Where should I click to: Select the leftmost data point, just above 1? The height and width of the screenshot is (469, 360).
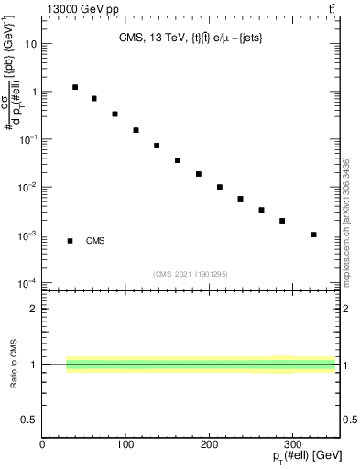click(75, 87)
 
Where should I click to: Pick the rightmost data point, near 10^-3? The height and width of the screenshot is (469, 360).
click(313, 234)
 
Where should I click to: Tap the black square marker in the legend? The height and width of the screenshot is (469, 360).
click(71, 241)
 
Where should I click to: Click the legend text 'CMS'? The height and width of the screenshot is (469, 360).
click(95, 241)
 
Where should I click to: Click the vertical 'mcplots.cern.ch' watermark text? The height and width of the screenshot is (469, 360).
click(346, 220)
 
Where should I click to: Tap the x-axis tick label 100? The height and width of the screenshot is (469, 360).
click(126, 445)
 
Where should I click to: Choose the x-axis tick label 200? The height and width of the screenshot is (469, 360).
click(211, 445)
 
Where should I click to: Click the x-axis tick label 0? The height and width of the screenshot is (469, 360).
click(42, 445)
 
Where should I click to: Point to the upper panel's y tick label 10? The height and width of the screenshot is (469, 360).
click(31, 44)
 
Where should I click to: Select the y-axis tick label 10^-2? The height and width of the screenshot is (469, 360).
click(27, 187)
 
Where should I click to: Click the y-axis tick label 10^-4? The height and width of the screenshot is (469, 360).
click(27, 282)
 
